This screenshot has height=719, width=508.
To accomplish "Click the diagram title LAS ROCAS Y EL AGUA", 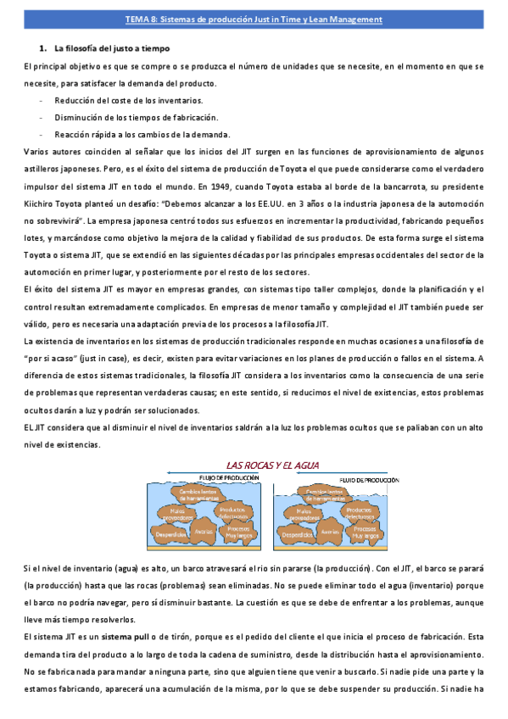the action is coord(271,465).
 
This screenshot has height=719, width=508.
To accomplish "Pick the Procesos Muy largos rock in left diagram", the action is coord(236,532).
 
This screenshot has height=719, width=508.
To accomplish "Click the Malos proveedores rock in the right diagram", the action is coord(303,515).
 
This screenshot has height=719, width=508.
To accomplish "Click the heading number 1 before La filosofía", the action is coord(42,49).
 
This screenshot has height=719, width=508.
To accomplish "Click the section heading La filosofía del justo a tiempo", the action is coord(111,49).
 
